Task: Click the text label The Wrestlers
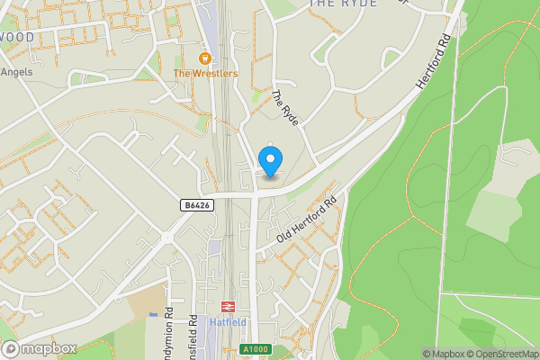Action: point(205,73)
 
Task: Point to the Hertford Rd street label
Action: point(432,62)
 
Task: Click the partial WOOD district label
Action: point(17,37)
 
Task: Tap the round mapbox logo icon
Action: point(11,349)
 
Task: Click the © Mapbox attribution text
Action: point(446,354)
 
